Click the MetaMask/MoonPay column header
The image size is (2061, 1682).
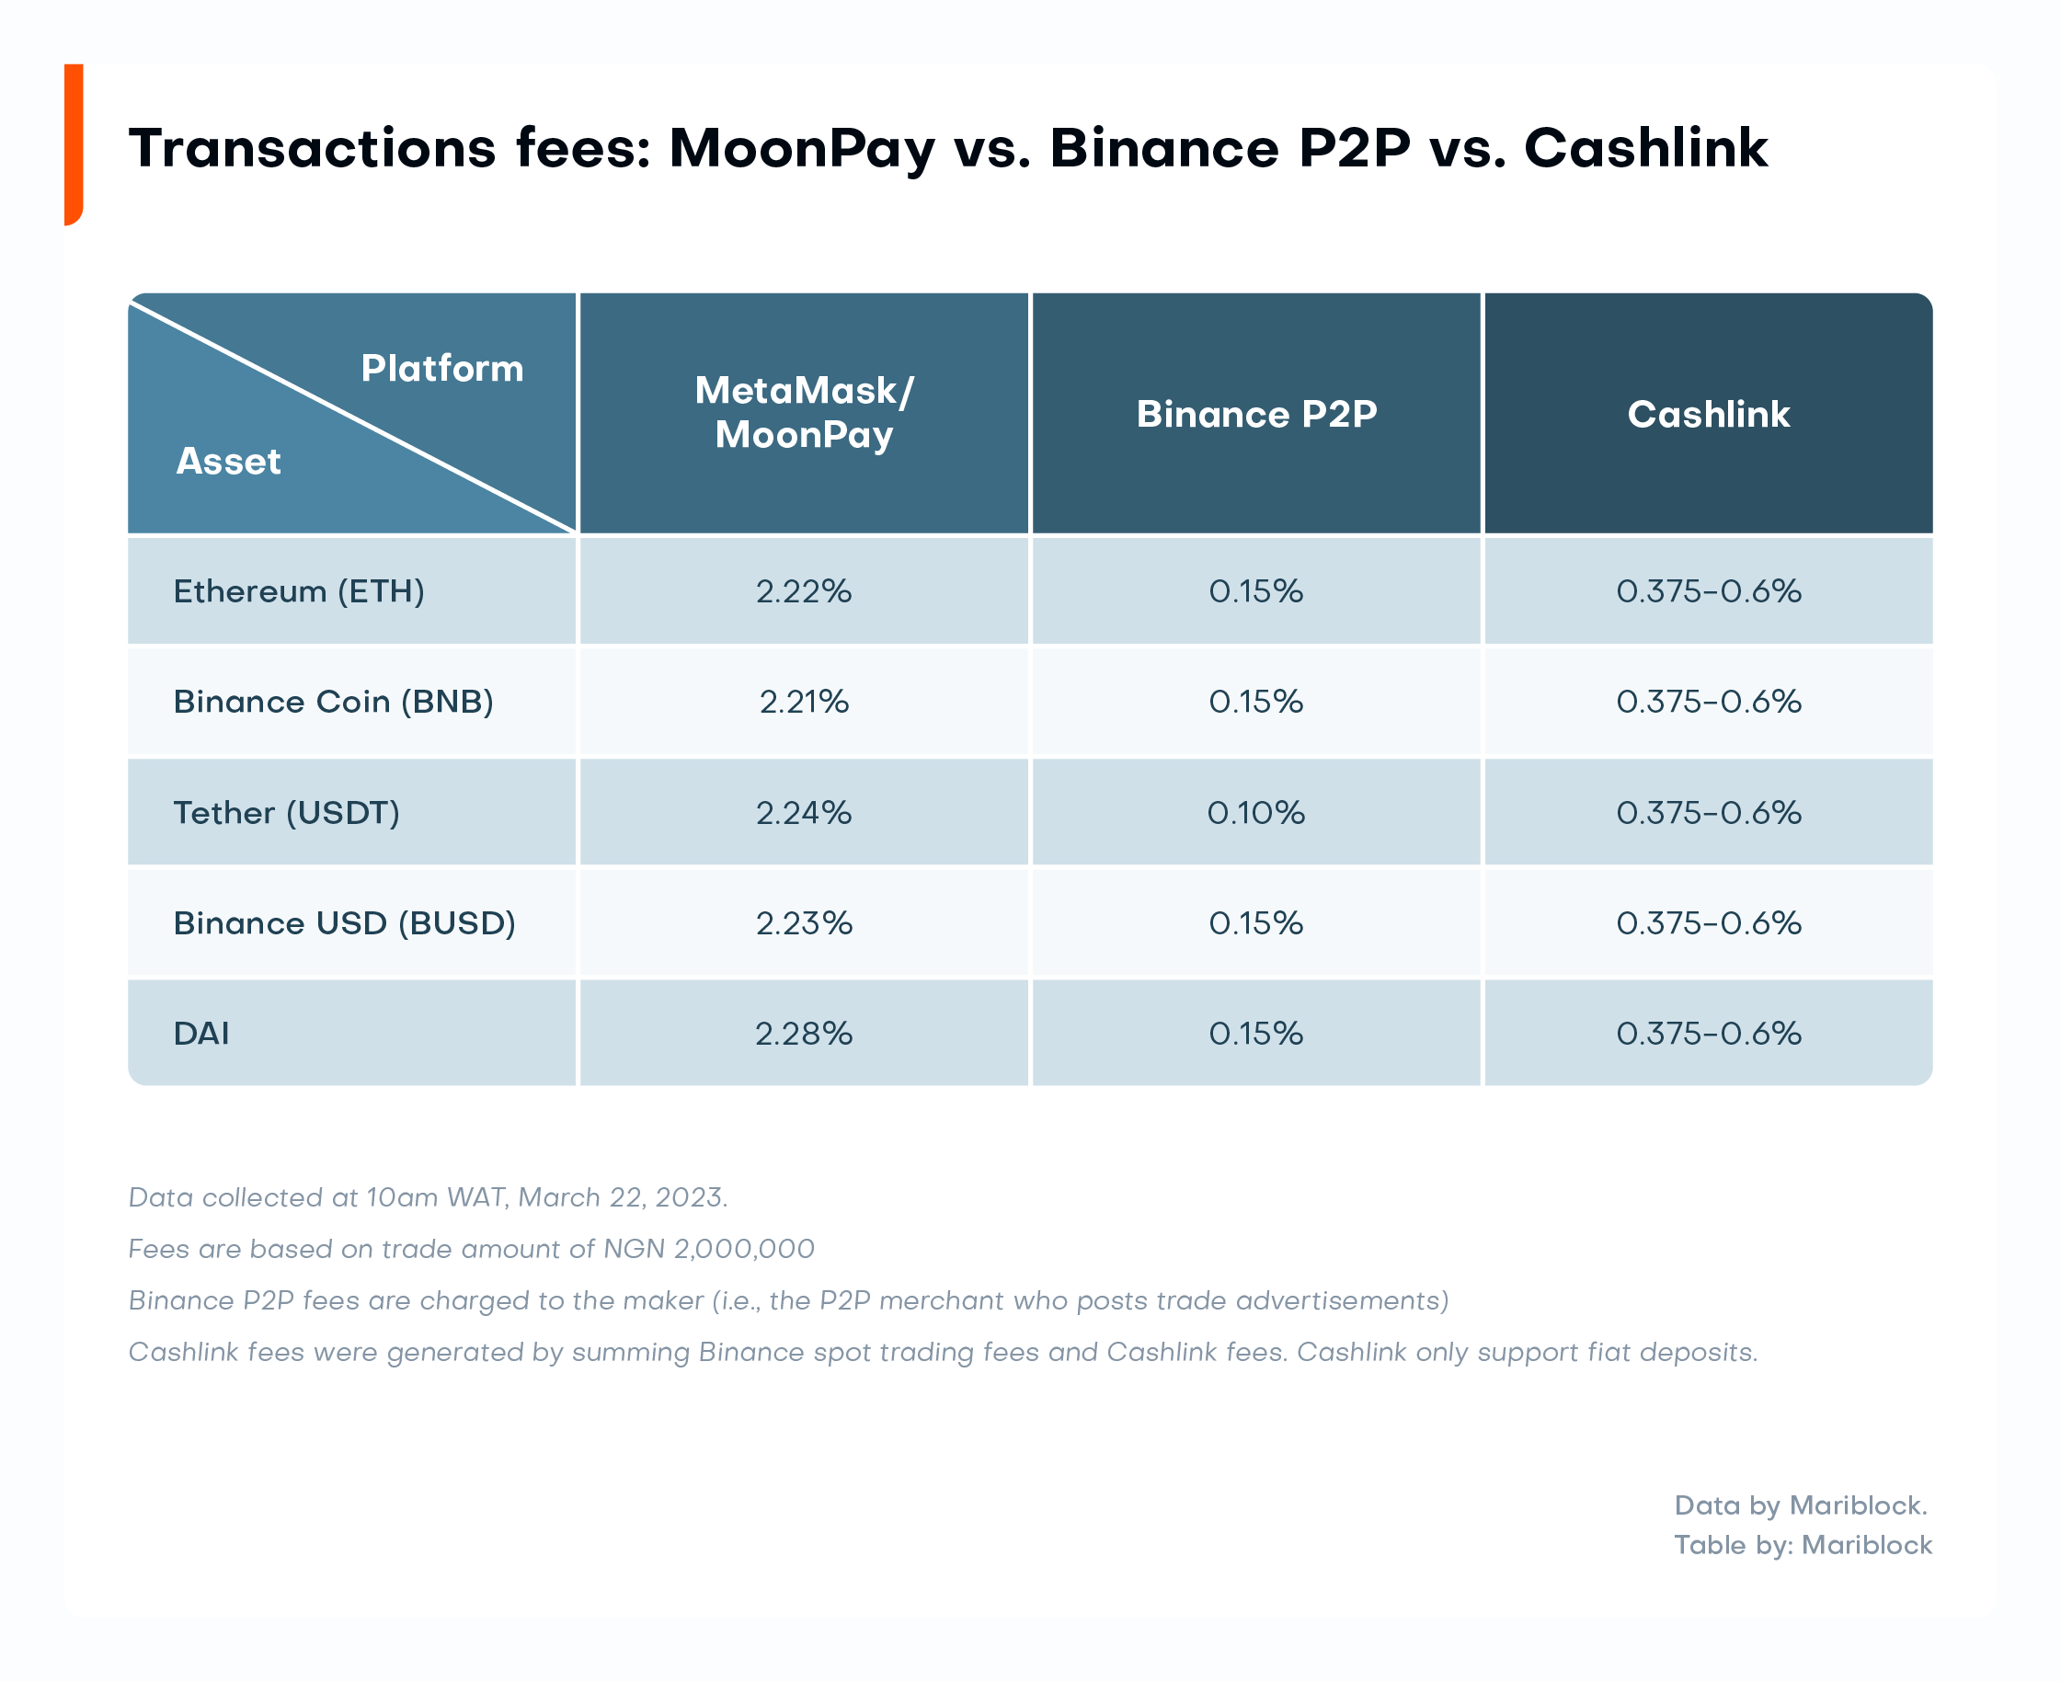(803, 413)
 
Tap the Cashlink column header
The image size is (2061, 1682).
(1707, 414)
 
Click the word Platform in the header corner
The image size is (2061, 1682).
(441, 368)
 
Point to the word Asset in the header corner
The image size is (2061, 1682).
(229, 462)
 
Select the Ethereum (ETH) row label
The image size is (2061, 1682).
(299, 591)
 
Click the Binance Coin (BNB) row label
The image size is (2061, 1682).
(333, 702)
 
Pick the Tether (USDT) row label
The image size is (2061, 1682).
(286, 812)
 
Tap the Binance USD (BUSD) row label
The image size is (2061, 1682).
(344, 922)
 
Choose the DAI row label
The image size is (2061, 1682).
(201, 1033)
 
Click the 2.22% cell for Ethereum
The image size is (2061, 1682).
(803, 591)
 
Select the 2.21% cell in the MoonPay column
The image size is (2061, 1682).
(803, 702)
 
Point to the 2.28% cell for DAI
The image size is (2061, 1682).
(803, 1033)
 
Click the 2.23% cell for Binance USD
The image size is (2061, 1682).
(803, 922)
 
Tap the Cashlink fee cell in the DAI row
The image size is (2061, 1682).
(1707, 1033)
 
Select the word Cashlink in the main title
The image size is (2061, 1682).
(1645, 148)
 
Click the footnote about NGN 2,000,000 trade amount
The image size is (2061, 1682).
(471, 1248)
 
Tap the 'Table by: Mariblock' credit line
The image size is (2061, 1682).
(1803, 1544)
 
